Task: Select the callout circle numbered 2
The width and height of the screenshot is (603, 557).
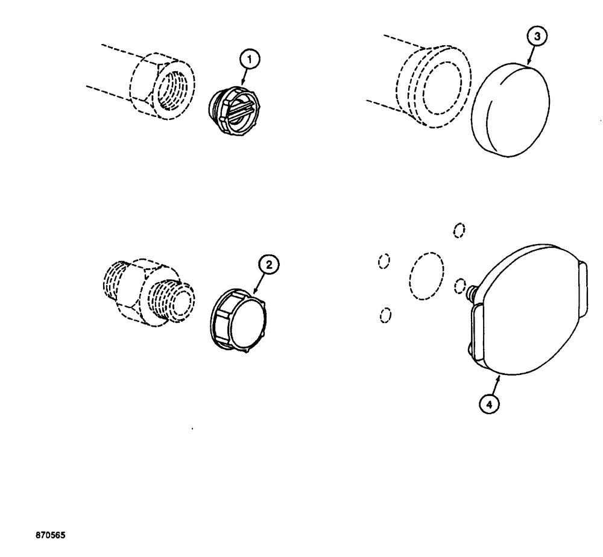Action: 269,263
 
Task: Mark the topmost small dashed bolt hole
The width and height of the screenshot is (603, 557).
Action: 459,230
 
